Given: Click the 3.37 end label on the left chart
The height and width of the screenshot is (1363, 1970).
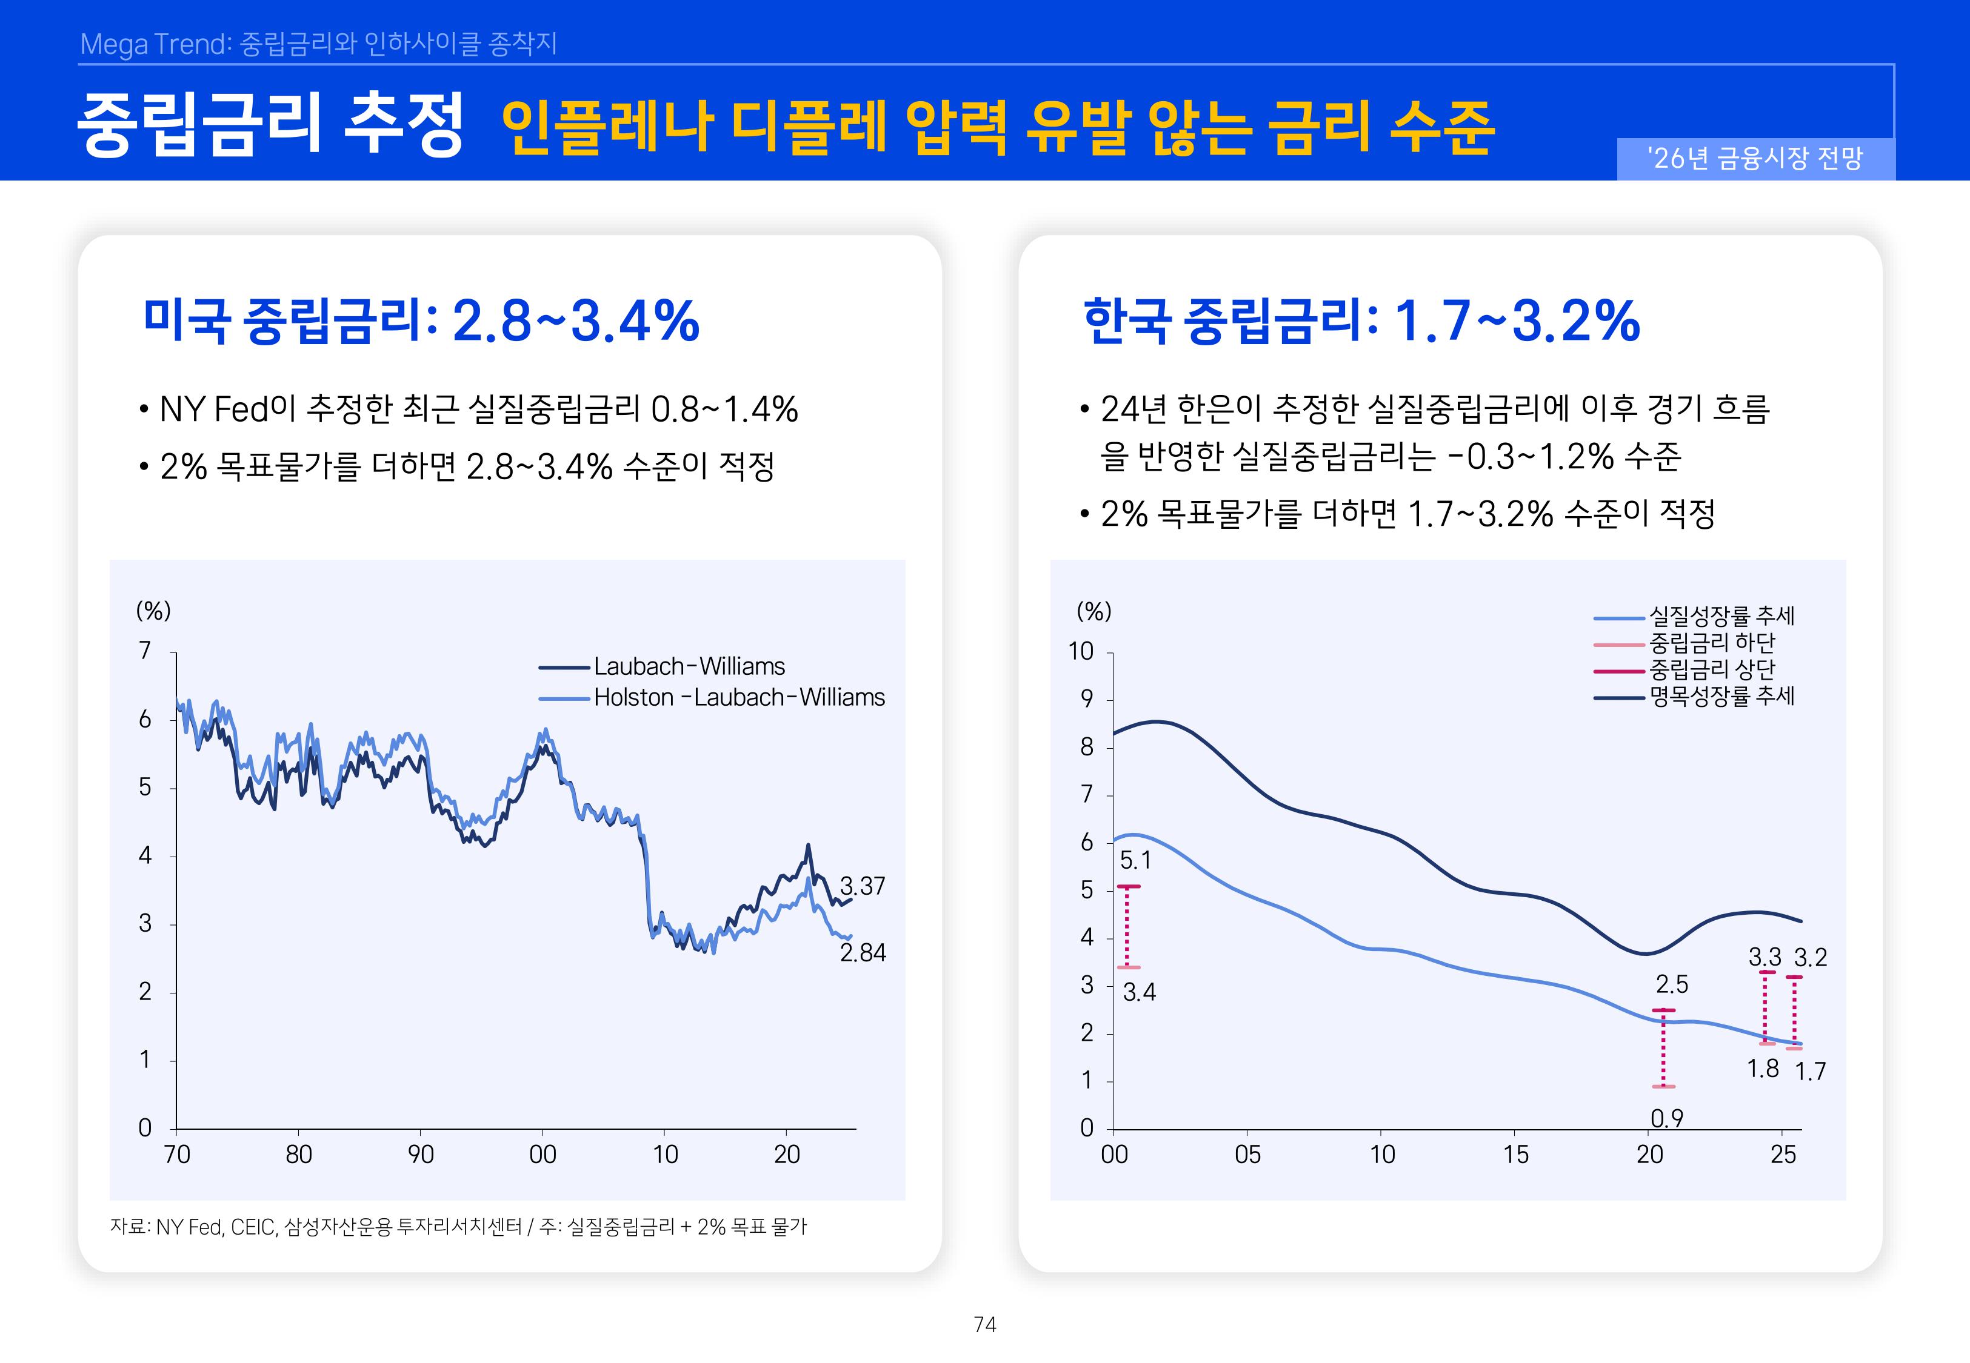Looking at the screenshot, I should coord(862,886).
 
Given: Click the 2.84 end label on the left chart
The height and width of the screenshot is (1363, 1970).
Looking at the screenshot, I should coord(862,952).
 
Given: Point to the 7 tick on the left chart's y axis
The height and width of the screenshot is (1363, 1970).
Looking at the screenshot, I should coord(145,651).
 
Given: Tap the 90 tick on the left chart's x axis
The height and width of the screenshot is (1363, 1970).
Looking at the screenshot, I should coord(420,1155).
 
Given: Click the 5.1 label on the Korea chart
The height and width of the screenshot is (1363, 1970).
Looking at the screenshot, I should coord(1135,861).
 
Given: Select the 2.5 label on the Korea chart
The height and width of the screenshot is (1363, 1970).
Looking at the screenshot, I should coord(1671,984).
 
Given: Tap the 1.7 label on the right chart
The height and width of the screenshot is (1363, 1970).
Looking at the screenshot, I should coord(1809,1072).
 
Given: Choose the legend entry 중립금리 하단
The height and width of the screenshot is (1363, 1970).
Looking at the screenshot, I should coord(1711,642).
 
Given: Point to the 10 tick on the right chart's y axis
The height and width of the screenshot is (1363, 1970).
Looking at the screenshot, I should coord(1081,652).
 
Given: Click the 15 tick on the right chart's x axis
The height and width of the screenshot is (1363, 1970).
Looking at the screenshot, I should coord(1515,1155).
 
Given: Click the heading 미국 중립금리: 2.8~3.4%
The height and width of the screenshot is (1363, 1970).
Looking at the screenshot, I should coord(421,321).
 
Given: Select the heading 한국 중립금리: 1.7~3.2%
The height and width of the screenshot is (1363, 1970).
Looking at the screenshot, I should coord(1362,321).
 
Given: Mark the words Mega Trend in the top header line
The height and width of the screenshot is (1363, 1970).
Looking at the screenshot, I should coord(154,44).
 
